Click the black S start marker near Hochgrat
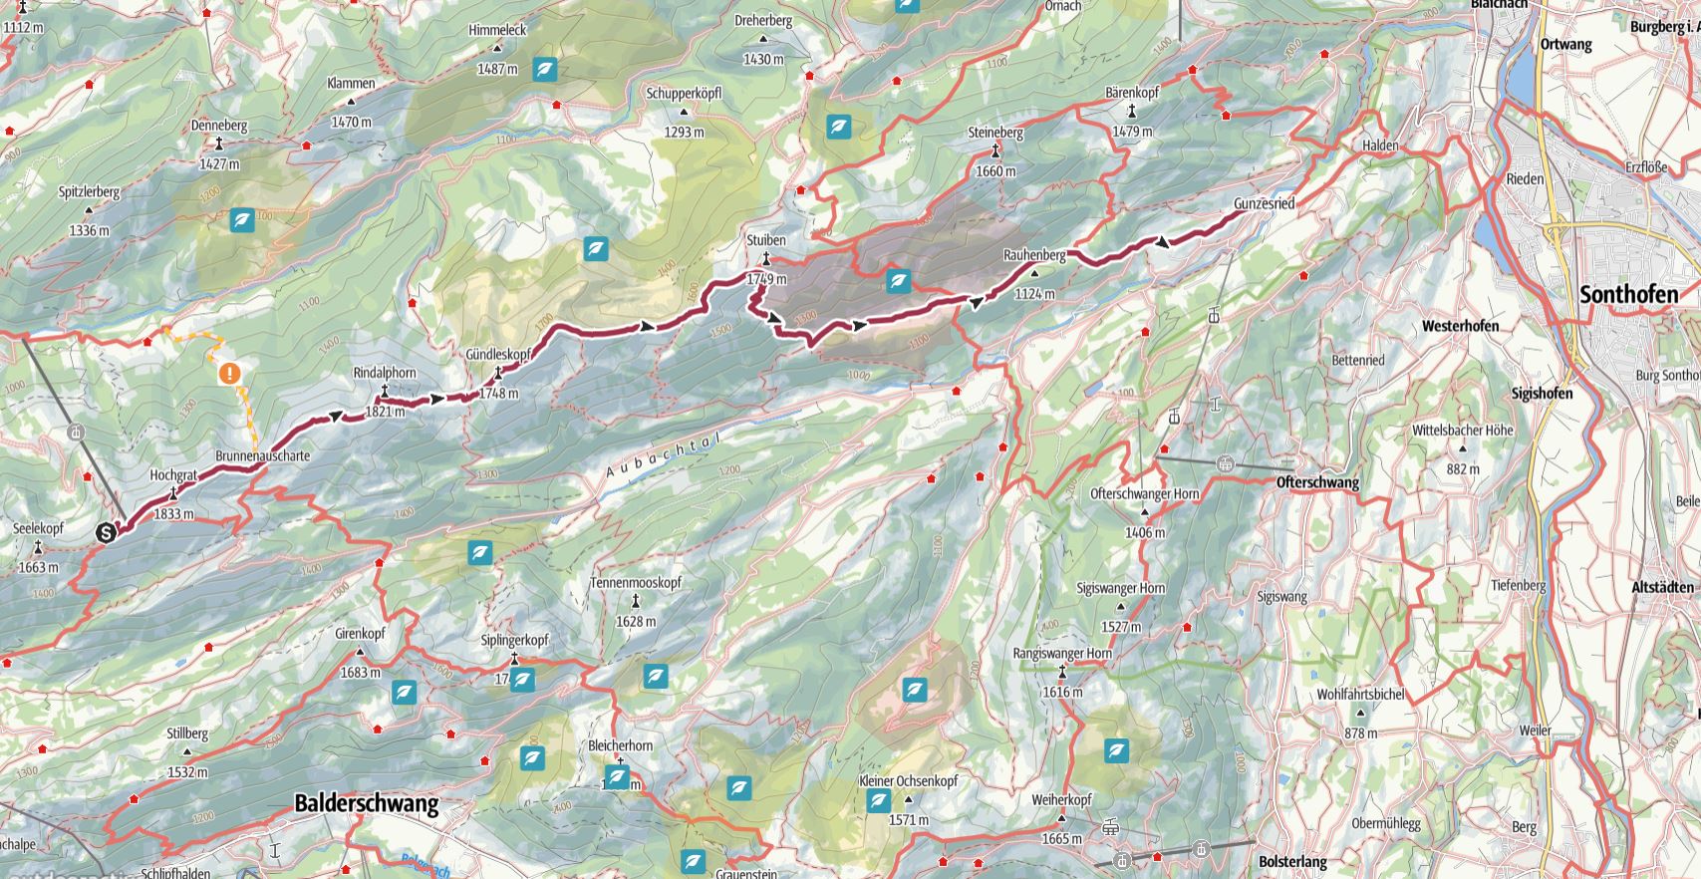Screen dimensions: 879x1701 (x=106, y=533)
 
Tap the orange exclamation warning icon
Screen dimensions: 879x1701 (x=230, y=374)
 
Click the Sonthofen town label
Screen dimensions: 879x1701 (x=1629, y=295)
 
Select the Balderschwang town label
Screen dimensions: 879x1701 (x=366, y=804)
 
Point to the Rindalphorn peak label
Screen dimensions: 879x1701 (x=385, y=373)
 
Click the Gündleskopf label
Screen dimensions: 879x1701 (x=497, y=354)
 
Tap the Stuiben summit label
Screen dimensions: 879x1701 (x=766, y=240)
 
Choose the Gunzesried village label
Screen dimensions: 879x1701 (x=1264, y=203)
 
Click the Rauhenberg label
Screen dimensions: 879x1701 (x=1034, y=255)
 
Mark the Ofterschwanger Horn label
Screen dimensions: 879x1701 (x=1144, y=493)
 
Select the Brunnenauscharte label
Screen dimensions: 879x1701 (x=262, y=455)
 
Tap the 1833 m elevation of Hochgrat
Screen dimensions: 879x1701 (x=173, y=514)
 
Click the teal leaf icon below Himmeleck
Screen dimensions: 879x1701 (x=545, y=70)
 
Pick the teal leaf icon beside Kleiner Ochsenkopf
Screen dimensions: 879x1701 (x=878, y=801)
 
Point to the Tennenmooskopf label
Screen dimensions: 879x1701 (x=635, y=583)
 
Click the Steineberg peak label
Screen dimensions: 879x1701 (x=995, y=132)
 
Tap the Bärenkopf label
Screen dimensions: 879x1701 (x=1132, y=93)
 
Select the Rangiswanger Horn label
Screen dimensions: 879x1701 (x=1061, y=654)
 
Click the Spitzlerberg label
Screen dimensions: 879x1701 (x=89, y=191)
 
